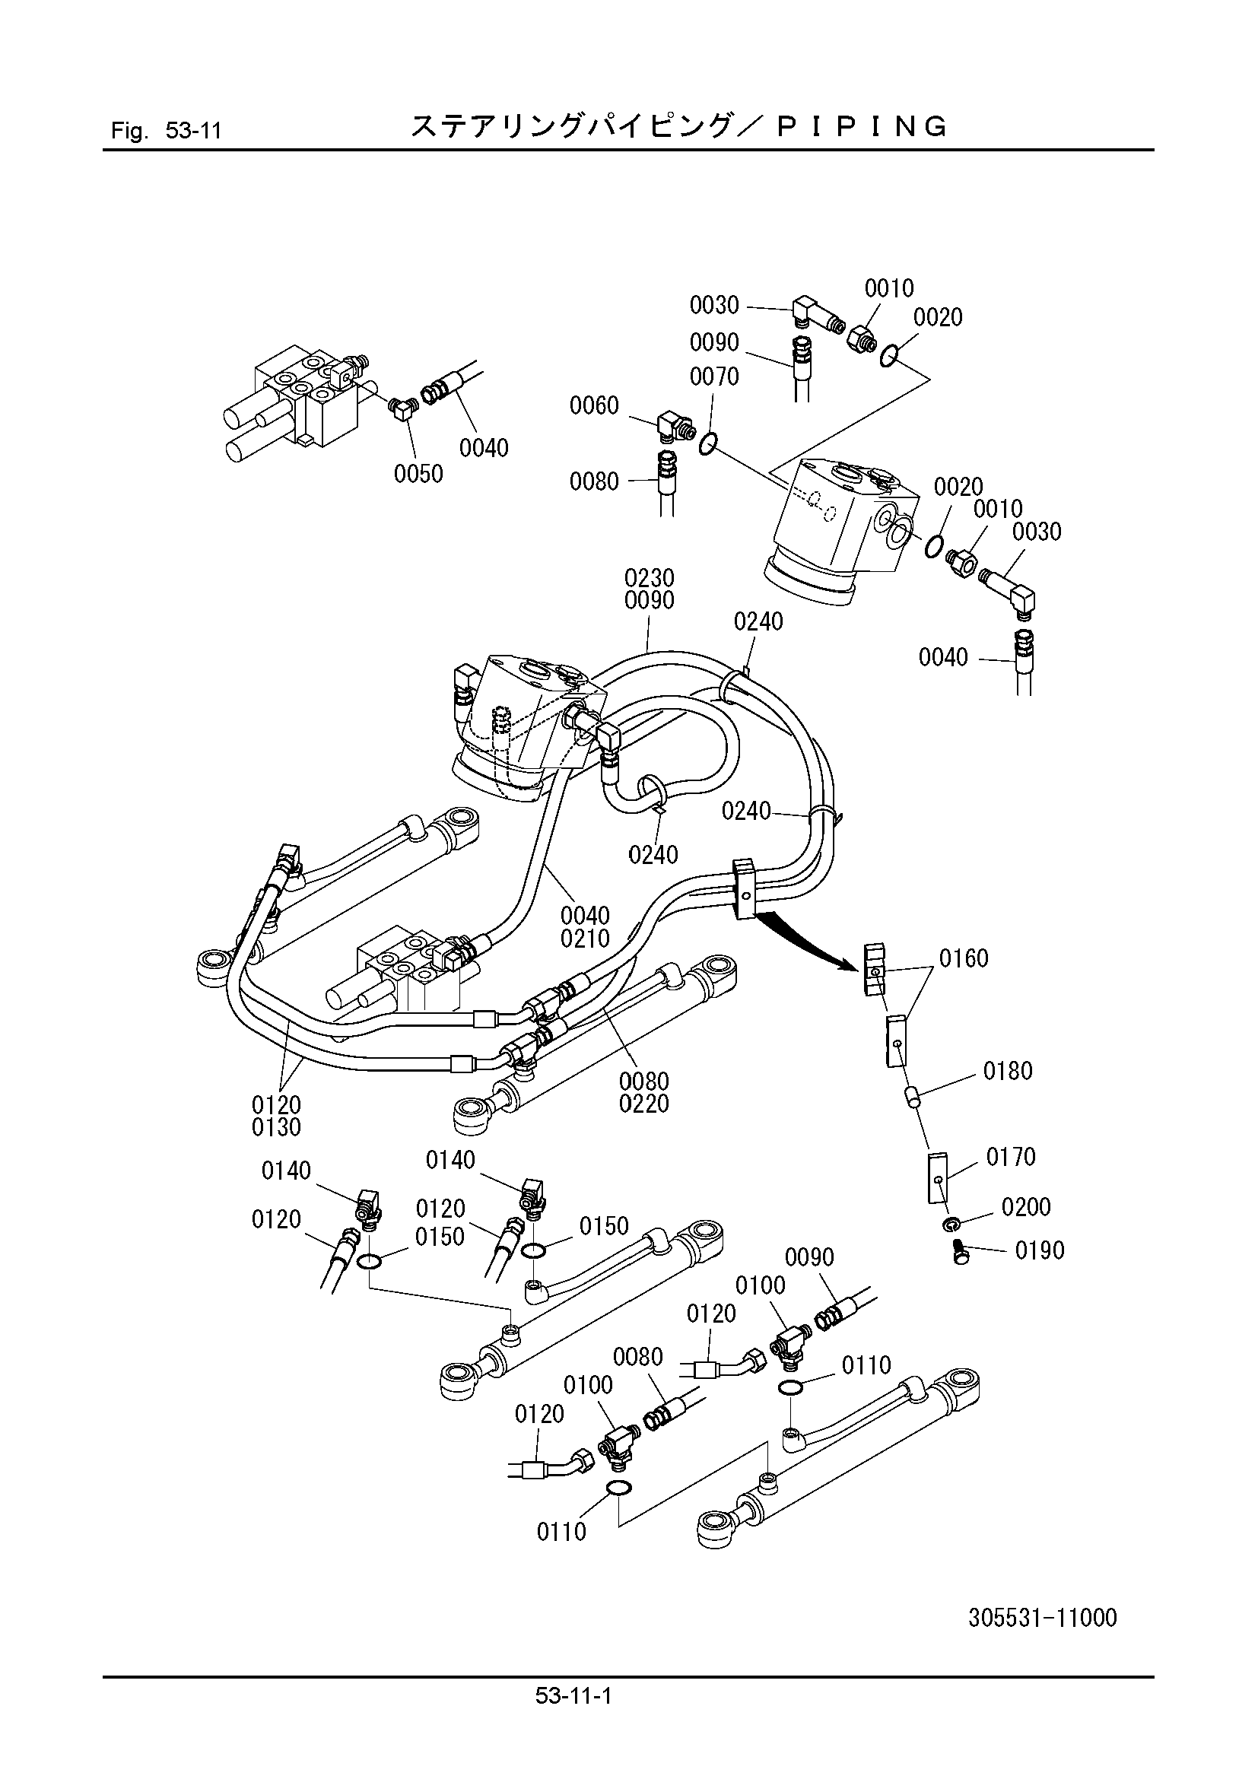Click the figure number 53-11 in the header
pos(194,130)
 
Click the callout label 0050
pos(418,474)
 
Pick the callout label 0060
pos(594,405)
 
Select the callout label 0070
pos(714,376)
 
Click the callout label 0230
pos(649,577)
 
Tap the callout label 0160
pos(964,958)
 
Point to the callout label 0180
pos(1008,1071)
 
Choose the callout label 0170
pos(1011,1157)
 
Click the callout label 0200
pos(1025,1206)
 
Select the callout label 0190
pos(1040,1250)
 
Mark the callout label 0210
pos(585,939)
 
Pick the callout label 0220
pos(643,1104)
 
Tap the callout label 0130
pos(277,1127)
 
